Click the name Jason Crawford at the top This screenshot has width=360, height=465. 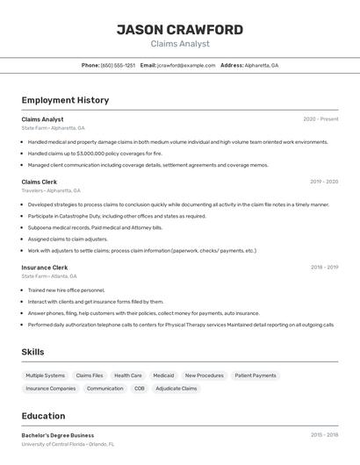point(180,29)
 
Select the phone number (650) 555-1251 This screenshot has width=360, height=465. point(118,65)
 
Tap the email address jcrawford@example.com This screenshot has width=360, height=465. point(186,65)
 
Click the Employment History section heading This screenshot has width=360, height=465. point(65,100)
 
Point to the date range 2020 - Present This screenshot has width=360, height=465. point(320,119)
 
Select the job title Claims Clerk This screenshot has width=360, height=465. point(40,182)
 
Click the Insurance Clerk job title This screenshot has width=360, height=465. point(45,268)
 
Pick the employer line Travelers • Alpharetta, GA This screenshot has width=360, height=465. point(51,190)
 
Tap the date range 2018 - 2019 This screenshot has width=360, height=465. point(324,268)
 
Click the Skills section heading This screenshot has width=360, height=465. point(33,352)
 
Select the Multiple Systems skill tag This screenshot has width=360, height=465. point(46,376)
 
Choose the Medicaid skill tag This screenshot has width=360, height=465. point(163,376)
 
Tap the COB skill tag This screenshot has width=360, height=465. point(140,388)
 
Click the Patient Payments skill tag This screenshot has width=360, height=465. point(256,376)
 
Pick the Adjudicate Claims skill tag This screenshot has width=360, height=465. point(176,388)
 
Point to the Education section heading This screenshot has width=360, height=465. point(43,416)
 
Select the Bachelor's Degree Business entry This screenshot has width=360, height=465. point(58,435)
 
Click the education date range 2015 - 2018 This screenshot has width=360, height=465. point(324,435)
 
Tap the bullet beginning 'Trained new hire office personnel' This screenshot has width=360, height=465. point(66,290)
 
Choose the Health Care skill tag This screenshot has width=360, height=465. point(128,376)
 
